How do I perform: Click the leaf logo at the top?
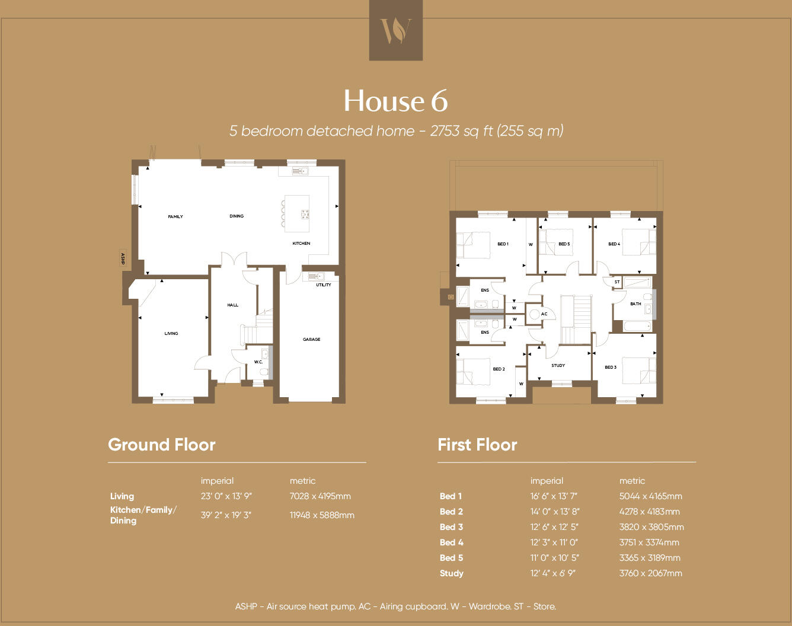pos(395,30)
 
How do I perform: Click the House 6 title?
pos(395,101)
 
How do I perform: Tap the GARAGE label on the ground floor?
pos(311,340)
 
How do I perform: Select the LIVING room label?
pos(171,334)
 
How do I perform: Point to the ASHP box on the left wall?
pos(123,258)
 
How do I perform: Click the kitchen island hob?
pos(305,215)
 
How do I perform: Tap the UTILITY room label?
pos(324,285)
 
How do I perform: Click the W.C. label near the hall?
pos(258,362)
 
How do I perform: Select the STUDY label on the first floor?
pos(558,366)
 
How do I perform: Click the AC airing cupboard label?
pos(544,314)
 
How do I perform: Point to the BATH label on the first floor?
pos(635,304)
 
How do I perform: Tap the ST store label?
pos(617,282)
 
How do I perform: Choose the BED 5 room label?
pos(564,244)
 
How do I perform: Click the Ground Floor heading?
pos(162,445)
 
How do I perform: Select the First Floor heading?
pos(477,445)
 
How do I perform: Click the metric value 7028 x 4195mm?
pos(320,496)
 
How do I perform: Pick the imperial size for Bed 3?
pos(554,527)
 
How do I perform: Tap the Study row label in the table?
pos(452,573)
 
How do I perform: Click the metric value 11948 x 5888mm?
pos(322,515)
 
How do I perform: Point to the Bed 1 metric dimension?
pos(650,496)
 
